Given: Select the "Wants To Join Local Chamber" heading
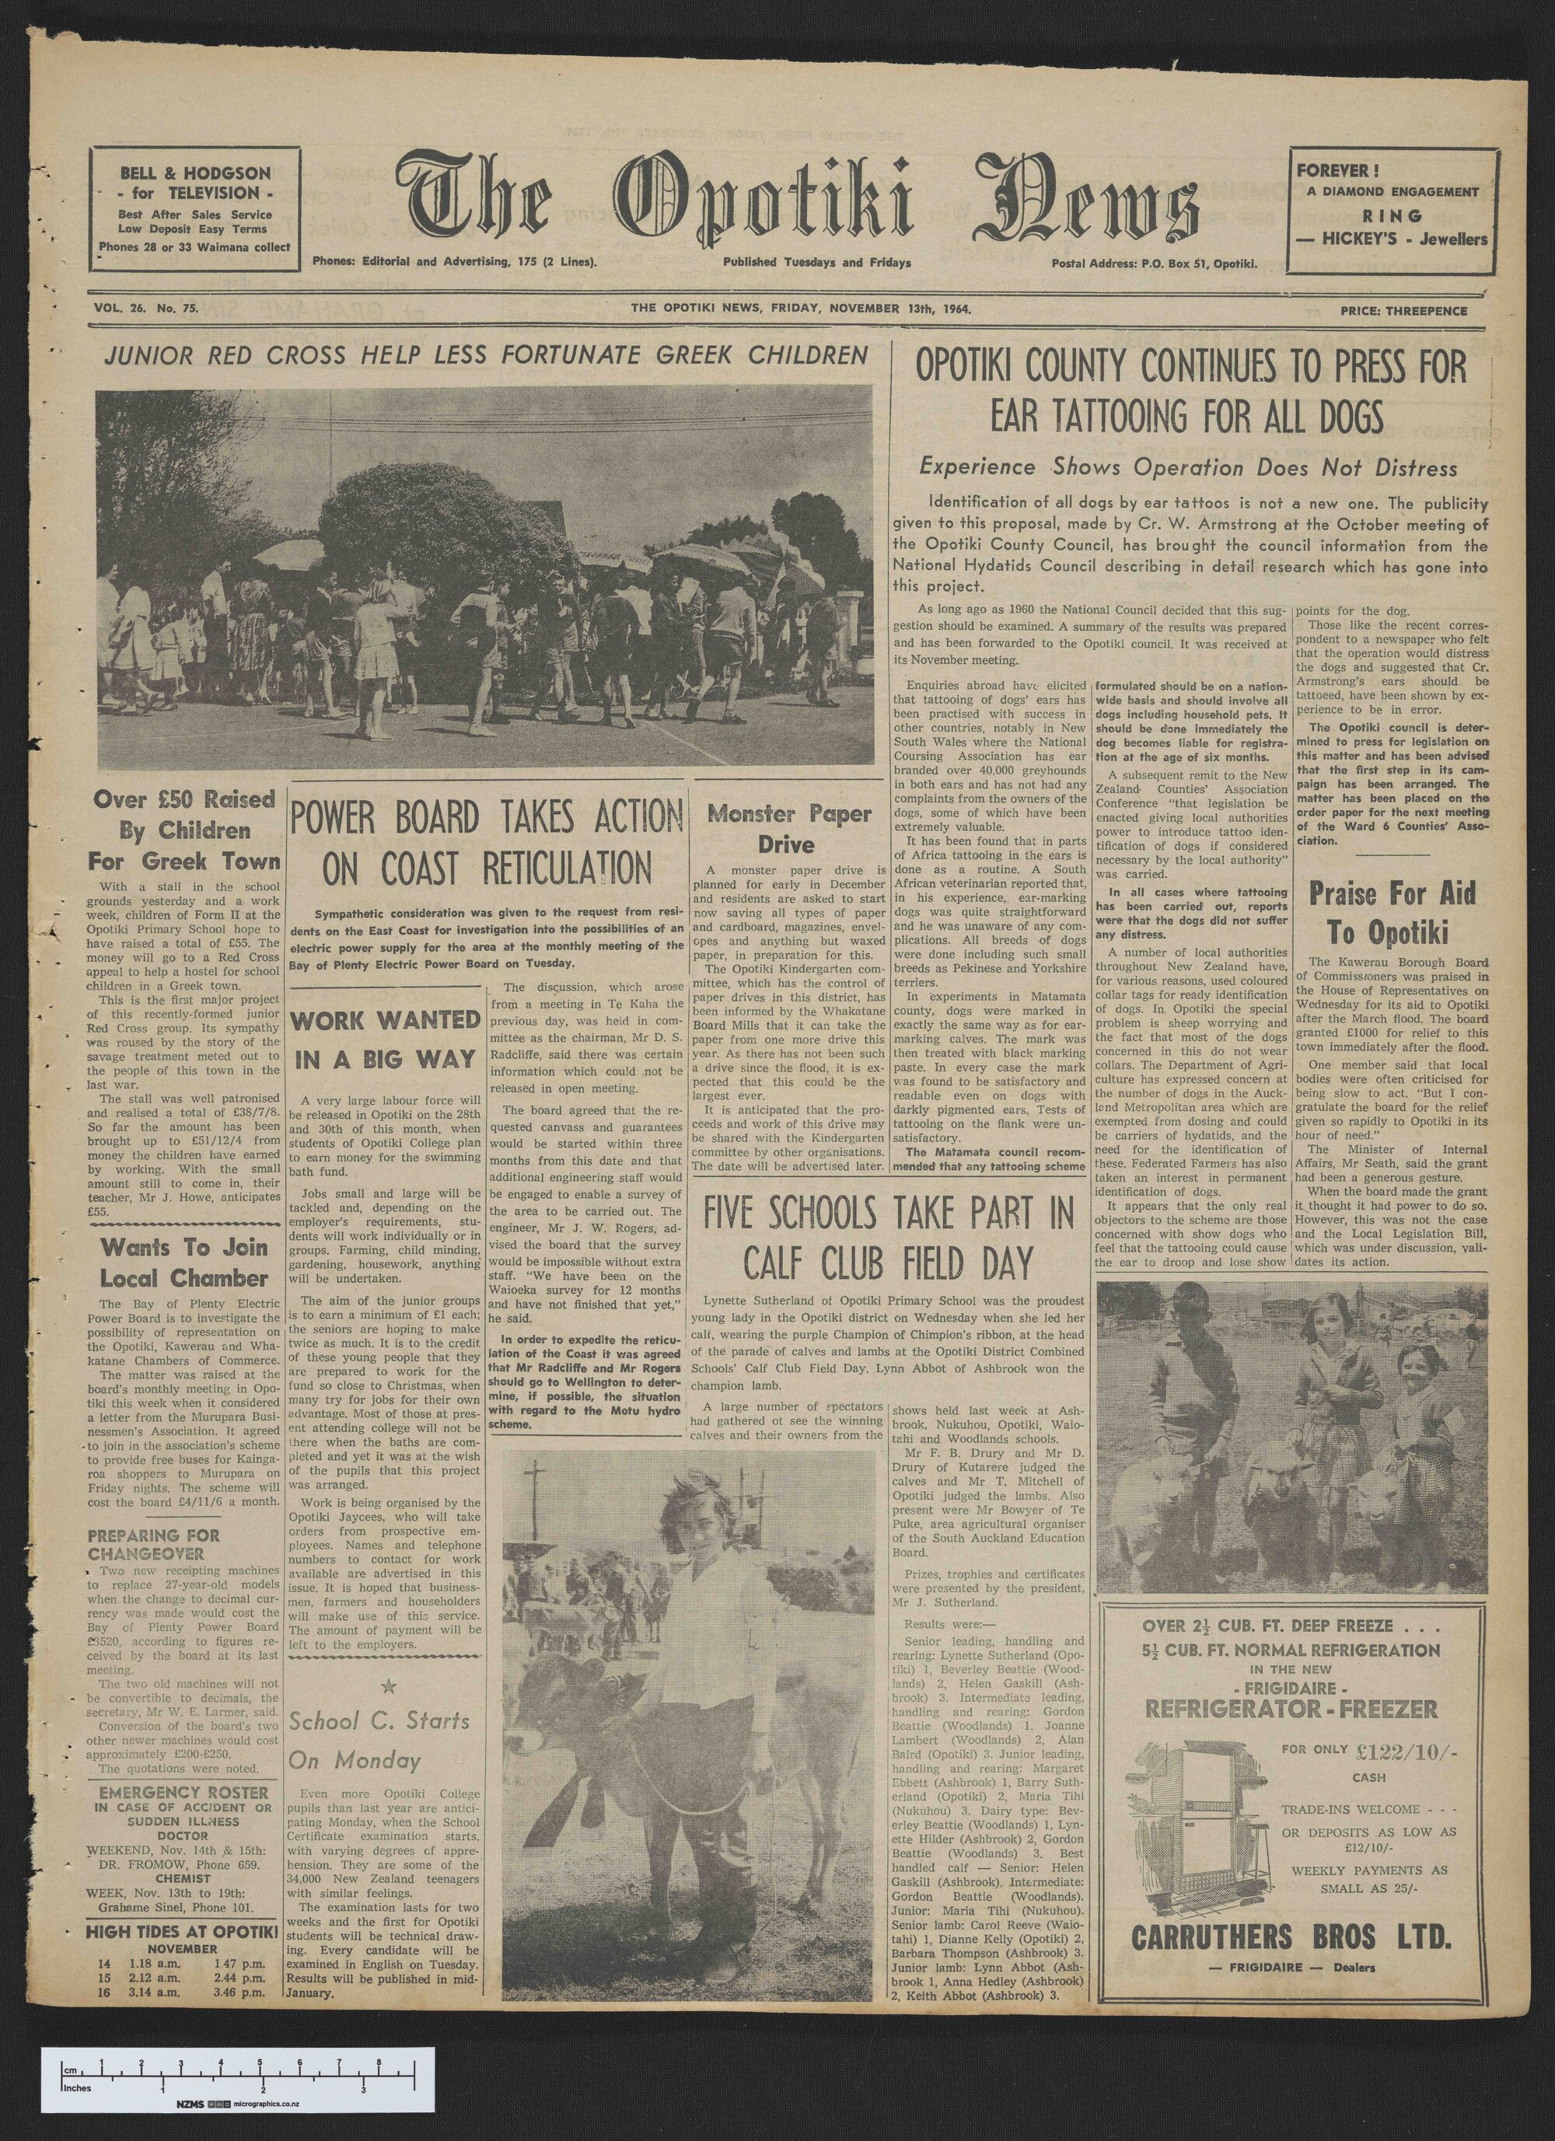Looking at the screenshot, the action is [x=185, y=1263].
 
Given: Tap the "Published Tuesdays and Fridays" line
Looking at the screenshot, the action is [x=816, y=263].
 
